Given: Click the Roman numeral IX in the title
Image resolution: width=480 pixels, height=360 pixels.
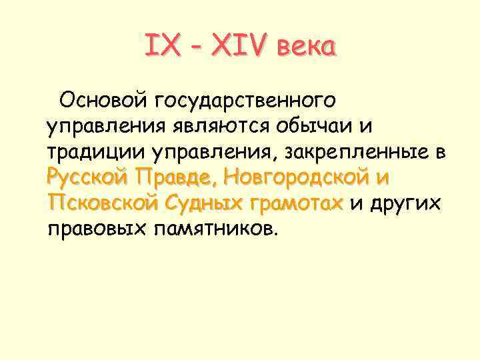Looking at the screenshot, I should click(159, 47).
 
